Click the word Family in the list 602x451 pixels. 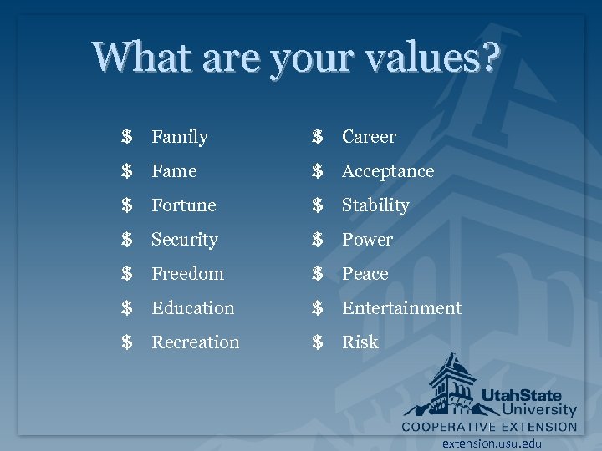pyautogui.click(x=179, y=137)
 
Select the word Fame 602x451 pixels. pyautogui.click(x=174, y=171)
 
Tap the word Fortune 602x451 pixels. pyautogui.click(x=183, y=205)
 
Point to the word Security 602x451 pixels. pyautogui.click(x=184, y=240)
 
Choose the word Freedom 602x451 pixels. pyautogui.click(x=187, y=274)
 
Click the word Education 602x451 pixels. pyautogui.click(x=192, y=308)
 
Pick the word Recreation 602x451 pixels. pyautogui.click(x=195, y=342)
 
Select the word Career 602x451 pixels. pyautogui.click(x=369, y=137)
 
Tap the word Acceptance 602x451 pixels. pyautogui.click(x=388, y=171)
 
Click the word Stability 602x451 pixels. pyautogui.click(x=375, y=205)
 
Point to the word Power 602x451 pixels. pyautogui.click(x=367, y=240)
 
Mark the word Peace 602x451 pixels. pyautogui.click(x=365, y=274)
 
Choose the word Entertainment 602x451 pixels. pyautogui.click(x=401, y=308)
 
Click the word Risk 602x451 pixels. pyautogui.click(x=360, y=342)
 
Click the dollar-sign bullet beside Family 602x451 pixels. pyautogui.click(x=126, y=137)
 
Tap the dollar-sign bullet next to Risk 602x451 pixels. pyautogui.click(x=317, y=342)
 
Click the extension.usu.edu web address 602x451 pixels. pyautogui.click(x=492, y=443)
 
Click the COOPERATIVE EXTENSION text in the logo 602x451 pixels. pyautogui.click(x=489, y=427)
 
